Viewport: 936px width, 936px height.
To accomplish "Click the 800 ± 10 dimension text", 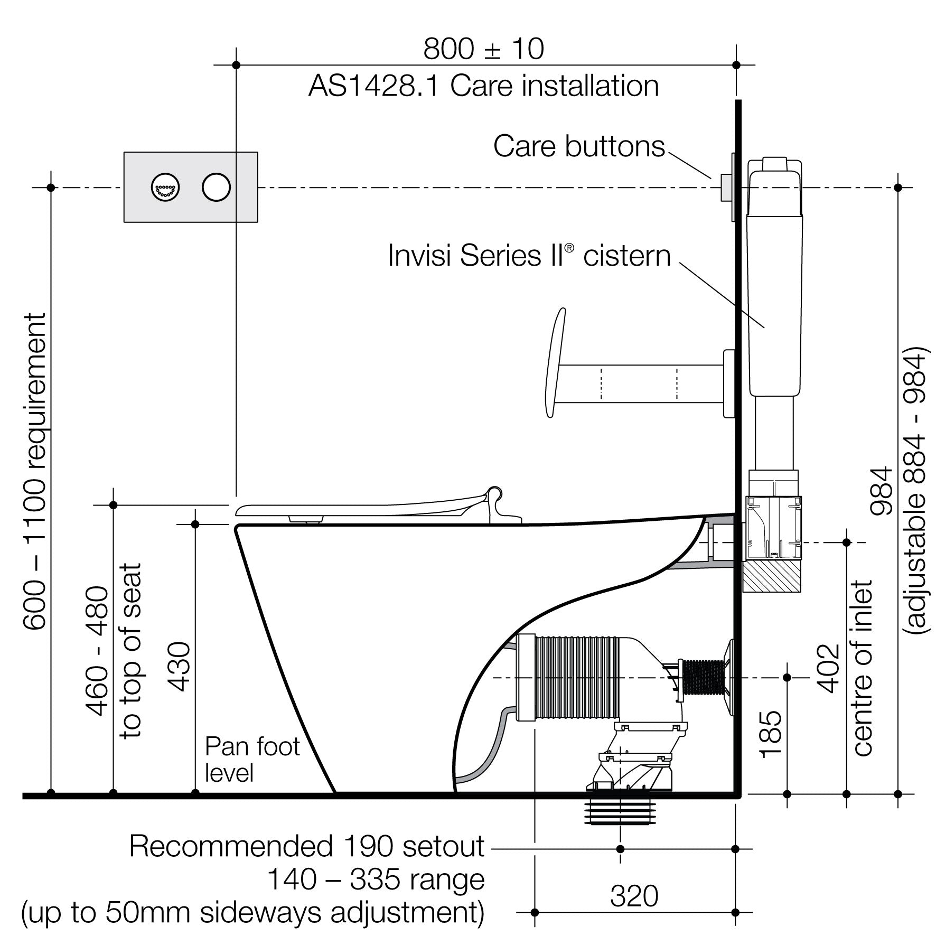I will click(x=483, y=49).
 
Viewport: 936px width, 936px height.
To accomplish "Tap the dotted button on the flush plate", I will click(x=165, y=187).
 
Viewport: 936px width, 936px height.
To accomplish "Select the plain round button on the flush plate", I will click(x=216, y=187).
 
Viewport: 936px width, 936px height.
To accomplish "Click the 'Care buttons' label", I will click(x=579, y=146).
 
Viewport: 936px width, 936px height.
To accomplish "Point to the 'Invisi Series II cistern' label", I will click(x=529, y=256).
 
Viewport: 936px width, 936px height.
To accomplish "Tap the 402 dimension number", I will click(x=828, y=668).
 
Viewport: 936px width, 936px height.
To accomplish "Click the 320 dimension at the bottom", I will click(x=634, y=896).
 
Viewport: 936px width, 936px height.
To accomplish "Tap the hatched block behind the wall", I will click(x=772, y=577).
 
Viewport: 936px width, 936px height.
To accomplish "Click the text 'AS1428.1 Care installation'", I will click(x=483, y=86).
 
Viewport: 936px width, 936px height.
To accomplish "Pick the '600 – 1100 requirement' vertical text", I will click(x=35, y=471).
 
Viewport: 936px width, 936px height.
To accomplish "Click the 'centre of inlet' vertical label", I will click(x=862, y=668).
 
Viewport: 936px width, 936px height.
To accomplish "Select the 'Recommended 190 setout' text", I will click(x=306, y=847).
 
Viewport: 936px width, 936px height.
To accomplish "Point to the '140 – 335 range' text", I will click(x=376, y=879).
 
